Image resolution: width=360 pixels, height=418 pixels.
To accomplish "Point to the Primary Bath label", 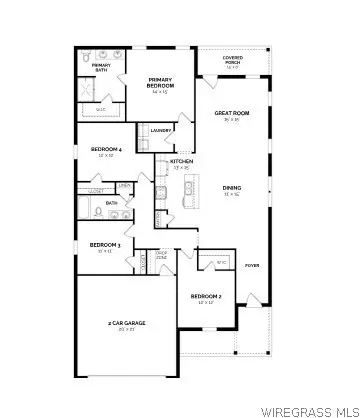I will point(100,68).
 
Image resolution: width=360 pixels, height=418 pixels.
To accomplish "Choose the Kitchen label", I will point(181,162).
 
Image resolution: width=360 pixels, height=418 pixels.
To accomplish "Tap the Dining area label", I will point(231,189).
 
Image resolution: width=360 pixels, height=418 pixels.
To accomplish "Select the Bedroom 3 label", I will point(104,246).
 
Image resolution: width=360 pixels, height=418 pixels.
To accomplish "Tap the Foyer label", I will point(251,265).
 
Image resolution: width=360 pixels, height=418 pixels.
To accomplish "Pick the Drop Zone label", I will point(161,256).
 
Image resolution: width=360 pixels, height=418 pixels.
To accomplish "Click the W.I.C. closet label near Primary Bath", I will point(100,110).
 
